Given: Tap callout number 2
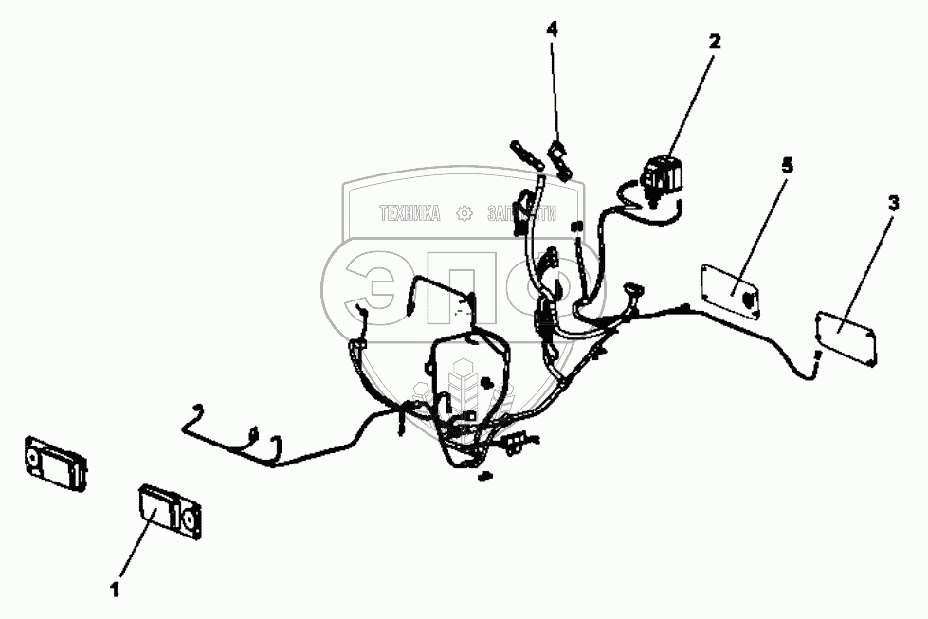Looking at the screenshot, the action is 714,41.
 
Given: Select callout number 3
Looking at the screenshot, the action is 893,204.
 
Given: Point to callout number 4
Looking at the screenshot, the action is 552,29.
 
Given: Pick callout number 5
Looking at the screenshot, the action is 786,166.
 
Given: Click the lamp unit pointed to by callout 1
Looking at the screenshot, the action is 171,512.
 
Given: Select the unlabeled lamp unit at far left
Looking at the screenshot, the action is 55,464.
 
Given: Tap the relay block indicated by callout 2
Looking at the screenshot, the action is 662,175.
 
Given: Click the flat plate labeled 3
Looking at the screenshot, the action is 846,337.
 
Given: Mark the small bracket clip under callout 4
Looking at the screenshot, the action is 561,158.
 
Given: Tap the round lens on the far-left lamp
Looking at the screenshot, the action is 34,460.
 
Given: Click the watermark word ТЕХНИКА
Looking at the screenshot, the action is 410,214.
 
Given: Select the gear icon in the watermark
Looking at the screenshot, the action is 464,214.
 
